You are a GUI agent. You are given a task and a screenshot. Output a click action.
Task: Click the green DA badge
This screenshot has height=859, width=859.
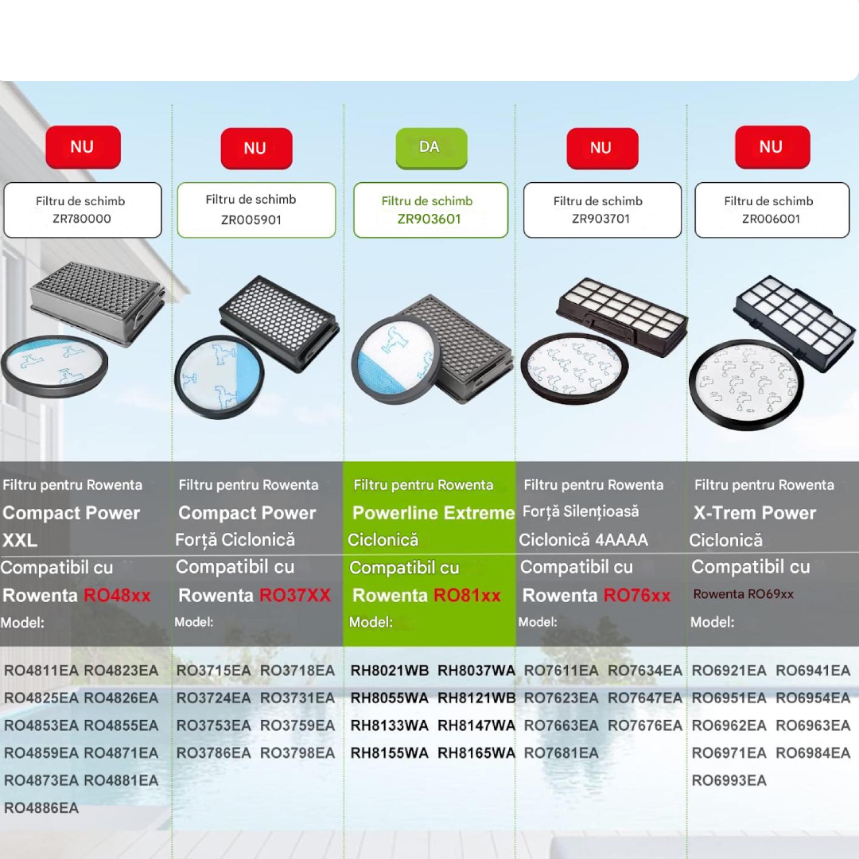[x=430, y=147]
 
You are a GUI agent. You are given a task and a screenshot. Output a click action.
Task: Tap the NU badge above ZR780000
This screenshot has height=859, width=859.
[x=83, y=147]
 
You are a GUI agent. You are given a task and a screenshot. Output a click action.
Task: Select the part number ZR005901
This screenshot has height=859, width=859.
[x=251, y=220]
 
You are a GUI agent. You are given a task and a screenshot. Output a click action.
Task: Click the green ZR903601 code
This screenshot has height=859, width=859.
[x=429, y=219]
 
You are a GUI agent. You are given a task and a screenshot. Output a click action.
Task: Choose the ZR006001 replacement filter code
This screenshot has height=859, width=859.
[x=770, y=219]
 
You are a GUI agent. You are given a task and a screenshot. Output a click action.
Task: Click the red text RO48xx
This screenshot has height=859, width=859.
[x=117, y=596]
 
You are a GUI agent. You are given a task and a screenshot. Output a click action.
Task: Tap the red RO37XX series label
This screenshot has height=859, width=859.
[x=295, y=596]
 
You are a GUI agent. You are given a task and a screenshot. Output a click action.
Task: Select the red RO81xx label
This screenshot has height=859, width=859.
[x=467, y=596]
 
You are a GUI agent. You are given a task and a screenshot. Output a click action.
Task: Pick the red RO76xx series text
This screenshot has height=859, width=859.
[x=637, y=596]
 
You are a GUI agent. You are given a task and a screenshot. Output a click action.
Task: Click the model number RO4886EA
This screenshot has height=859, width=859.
[x=41, y=808]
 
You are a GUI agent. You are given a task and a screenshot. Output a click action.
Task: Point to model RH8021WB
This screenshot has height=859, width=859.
[x=390, y=670]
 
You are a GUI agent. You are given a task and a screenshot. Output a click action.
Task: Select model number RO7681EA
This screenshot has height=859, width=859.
[x=561, y=752]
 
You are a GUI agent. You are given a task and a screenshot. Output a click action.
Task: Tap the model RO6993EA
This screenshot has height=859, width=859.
[x=729, y=780]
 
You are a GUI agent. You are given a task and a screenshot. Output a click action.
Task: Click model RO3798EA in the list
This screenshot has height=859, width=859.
[x=297, y=752]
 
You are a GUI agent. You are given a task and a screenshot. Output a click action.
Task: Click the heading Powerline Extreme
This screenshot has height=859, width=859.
[x=433, y=513]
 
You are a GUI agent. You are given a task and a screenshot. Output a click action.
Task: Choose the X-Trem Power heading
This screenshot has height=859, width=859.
[x=755, y=513]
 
